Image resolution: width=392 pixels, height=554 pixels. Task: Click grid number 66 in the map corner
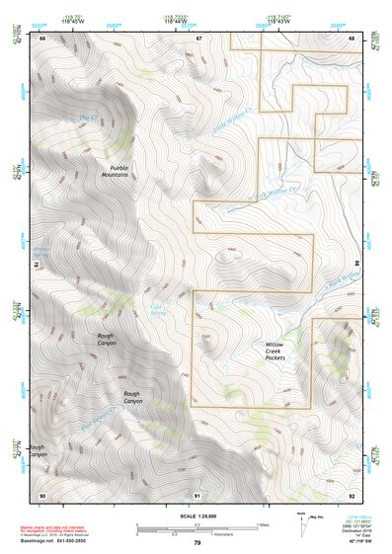pos(42,39)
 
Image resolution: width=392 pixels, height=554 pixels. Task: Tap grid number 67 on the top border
pos(197,39)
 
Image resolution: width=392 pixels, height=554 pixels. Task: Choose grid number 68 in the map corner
pos(353,39)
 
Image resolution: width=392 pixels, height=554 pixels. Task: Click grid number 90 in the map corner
pos(42,494)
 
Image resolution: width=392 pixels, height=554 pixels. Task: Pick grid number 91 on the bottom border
pos(197,494)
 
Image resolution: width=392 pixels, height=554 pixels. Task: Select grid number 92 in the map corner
pos(353,494)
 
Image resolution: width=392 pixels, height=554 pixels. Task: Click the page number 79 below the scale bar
pos(197,543)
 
